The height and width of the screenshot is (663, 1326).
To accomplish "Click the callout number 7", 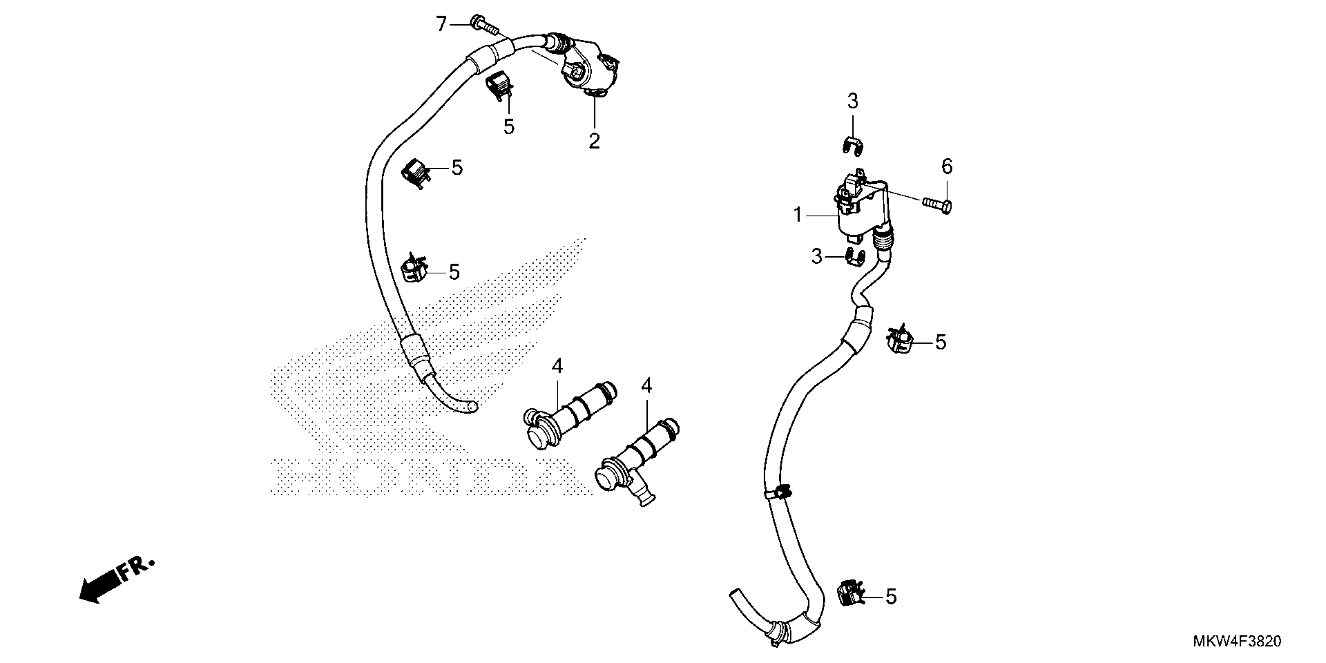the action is click(x=441, y=24).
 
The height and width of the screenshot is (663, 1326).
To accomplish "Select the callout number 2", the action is click(x=594, y=140).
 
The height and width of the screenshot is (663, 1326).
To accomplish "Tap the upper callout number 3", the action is click(x=853, y=102).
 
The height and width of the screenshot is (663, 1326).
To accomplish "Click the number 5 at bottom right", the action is click(x=891, y=597).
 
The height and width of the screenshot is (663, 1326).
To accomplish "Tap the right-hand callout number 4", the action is click(x=647, y=386).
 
